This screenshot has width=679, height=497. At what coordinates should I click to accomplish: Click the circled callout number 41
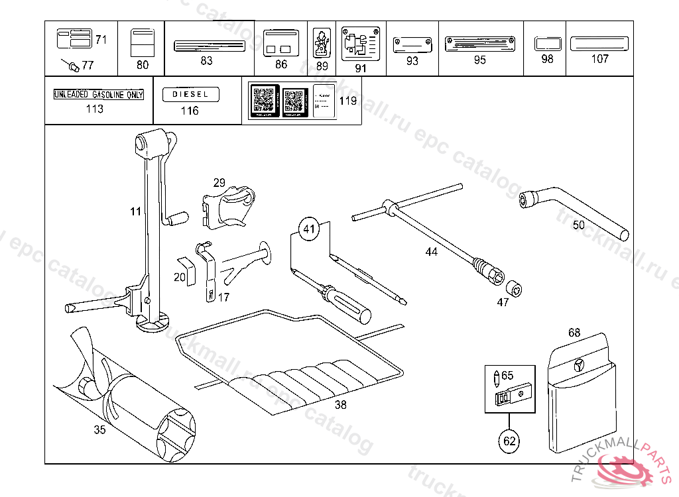point(308,230)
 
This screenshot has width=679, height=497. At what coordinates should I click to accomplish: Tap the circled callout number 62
point(509,440)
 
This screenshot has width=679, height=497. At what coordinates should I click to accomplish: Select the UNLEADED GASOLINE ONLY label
point(98,95)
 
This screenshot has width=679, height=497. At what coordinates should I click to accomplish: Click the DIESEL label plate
point(190,95)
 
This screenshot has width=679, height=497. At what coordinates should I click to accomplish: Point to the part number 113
point(95,109)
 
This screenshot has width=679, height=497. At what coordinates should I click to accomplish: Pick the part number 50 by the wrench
point(578,225)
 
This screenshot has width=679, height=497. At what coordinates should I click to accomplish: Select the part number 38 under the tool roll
point(340,406)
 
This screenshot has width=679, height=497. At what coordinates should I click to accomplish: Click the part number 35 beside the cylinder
point(99,429)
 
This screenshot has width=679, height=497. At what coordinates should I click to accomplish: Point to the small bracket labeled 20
point(188,271)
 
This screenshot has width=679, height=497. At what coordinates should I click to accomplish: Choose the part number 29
point(219,182)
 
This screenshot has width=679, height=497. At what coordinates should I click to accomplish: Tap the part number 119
point(347,101)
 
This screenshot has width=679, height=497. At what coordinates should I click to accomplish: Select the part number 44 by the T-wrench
point(432,252)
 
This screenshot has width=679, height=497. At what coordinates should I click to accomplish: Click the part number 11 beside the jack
point(135,212)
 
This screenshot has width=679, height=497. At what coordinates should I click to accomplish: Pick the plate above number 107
point(599,43)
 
